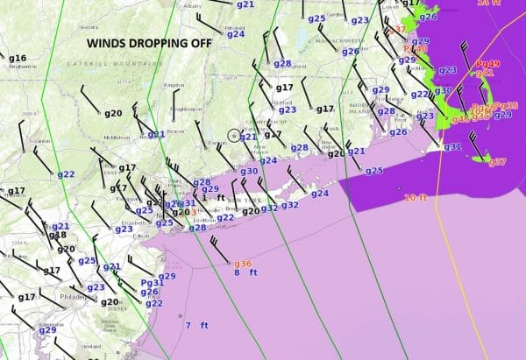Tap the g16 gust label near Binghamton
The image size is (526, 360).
click(18, 59)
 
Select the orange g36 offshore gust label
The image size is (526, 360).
click(242, 264)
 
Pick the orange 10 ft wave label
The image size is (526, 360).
click(416, 198)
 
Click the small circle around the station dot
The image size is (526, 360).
click(233, 136)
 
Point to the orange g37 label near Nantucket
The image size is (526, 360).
click(497, 162)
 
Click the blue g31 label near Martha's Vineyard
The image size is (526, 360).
click(451, 146)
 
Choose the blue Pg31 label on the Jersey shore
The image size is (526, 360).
click(153, 283)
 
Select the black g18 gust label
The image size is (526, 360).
click(57, 235)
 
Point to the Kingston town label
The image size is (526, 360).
click(174, 85)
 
